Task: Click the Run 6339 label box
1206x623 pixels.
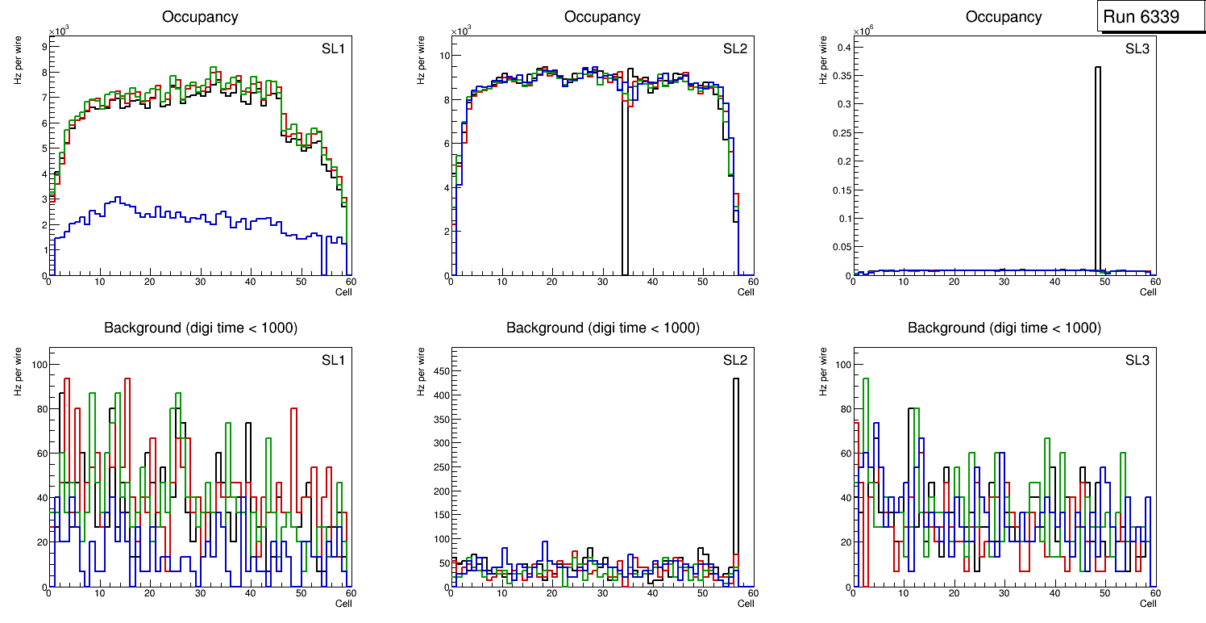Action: [1146, 16]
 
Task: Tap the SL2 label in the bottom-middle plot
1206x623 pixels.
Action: [734, 360]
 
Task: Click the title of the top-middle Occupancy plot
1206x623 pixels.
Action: [602, 17]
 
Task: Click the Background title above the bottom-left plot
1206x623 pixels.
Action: [200, 328]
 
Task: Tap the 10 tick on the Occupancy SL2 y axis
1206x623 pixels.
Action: [443, 56]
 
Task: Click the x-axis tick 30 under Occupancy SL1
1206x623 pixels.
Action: [200, 282]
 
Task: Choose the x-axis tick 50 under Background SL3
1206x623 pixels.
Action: [1104, 593]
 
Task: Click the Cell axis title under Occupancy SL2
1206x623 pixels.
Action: [746, 291]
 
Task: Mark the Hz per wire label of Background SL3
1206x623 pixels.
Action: [824, 371]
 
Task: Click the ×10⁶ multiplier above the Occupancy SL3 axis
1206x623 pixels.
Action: [863, 31]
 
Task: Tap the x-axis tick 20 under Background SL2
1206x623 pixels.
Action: [551, 593]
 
